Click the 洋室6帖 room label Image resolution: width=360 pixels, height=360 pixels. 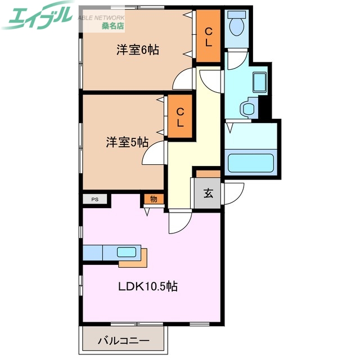(x=138, y=50)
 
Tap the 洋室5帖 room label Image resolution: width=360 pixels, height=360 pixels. (x=127, y=143)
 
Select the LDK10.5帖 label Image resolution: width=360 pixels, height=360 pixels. (x=148, y=286)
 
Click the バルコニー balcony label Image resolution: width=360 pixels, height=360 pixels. (x=123, y=341)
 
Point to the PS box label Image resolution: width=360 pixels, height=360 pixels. (x=95, y=199)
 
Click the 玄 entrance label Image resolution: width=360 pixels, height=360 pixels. (x=208, y=194)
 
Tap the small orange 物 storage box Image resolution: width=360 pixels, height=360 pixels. (x=153, y=199)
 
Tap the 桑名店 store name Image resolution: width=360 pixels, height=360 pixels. (x=113, y=25)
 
